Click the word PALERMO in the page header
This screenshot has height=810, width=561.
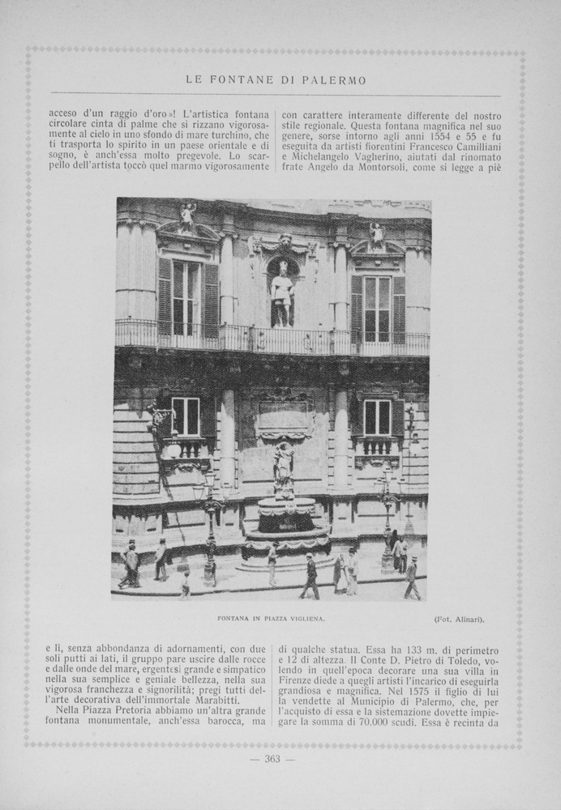[337, 80]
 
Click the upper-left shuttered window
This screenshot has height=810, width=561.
[187, 297]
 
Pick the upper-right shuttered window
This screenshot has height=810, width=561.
[378, 308]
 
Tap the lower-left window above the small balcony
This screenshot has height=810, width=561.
[186, 416]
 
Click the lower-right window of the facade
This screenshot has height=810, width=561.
[376, 418]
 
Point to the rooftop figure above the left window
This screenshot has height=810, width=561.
[188, 216]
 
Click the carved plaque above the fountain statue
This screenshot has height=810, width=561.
[283, 417]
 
